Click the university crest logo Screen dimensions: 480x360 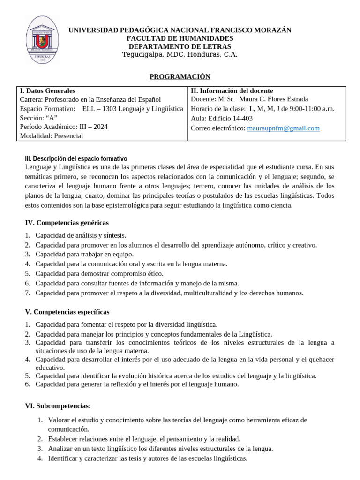tap(42, 41)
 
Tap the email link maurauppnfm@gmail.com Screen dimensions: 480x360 tap(284, 128)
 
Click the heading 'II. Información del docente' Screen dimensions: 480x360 tap(232, 91)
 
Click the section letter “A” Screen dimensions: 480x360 tap(52, 118)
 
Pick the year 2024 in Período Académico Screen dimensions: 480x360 tap(99, 127)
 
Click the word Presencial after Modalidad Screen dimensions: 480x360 tap(68, 136)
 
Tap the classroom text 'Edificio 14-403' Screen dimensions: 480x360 tap(231, 119)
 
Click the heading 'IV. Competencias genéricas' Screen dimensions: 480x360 tap(67, 223)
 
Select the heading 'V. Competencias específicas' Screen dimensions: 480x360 tap(67, 312)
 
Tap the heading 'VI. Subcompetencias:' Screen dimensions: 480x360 tap(58, 406)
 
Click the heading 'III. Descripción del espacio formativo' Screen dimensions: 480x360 tap(75, 158)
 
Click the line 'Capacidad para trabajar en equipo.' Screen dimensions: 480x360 tap(84, 254)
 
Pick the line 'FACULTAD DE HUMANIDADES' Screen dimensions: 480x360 tap(180, 38)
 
